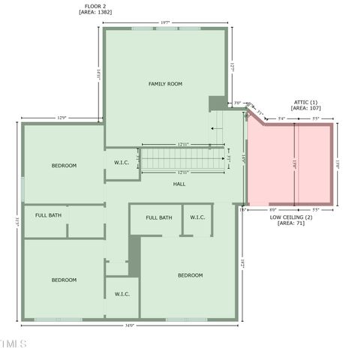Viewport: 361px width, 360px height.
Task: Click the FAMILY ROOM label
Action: pos(165,84)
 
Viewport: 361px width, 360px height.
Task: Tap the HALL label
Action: pos(179,184)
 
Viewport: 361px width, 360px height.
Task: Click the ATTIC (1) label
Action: pos(304,101)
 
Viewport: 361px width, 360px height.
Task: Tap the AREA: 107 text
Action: pos(304,109)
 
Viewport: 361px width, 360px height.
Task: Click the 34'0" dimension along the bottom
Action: pos(129,325)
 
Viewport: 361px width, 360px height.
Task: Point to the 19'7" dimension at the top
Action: pos(165,23)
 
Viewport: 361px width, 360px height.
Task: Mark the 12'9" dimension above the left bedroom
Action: pos(62,118)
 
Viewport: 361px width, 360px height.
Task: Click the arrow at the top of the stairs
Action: pos(215,128)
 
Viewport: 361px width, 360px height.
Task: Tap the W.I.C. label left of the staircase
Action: pos(122,163)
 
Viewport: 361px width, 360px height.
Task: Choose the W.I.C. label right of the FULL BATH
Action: pos(197,217)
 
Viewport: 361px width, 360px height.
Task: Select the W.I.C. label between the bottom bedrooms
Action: pos(122,294)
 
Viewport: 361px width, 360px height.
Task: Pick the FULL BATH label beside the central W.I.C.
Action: pos(159,217)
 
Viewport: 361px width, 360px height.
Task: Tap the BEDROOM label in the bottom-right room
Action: pos(190,275)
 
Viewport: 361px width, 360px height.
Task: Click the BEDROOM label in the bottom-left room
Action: pos(64,280)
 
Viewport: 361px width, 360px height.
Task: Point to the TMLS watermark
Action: pos(13,344)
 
